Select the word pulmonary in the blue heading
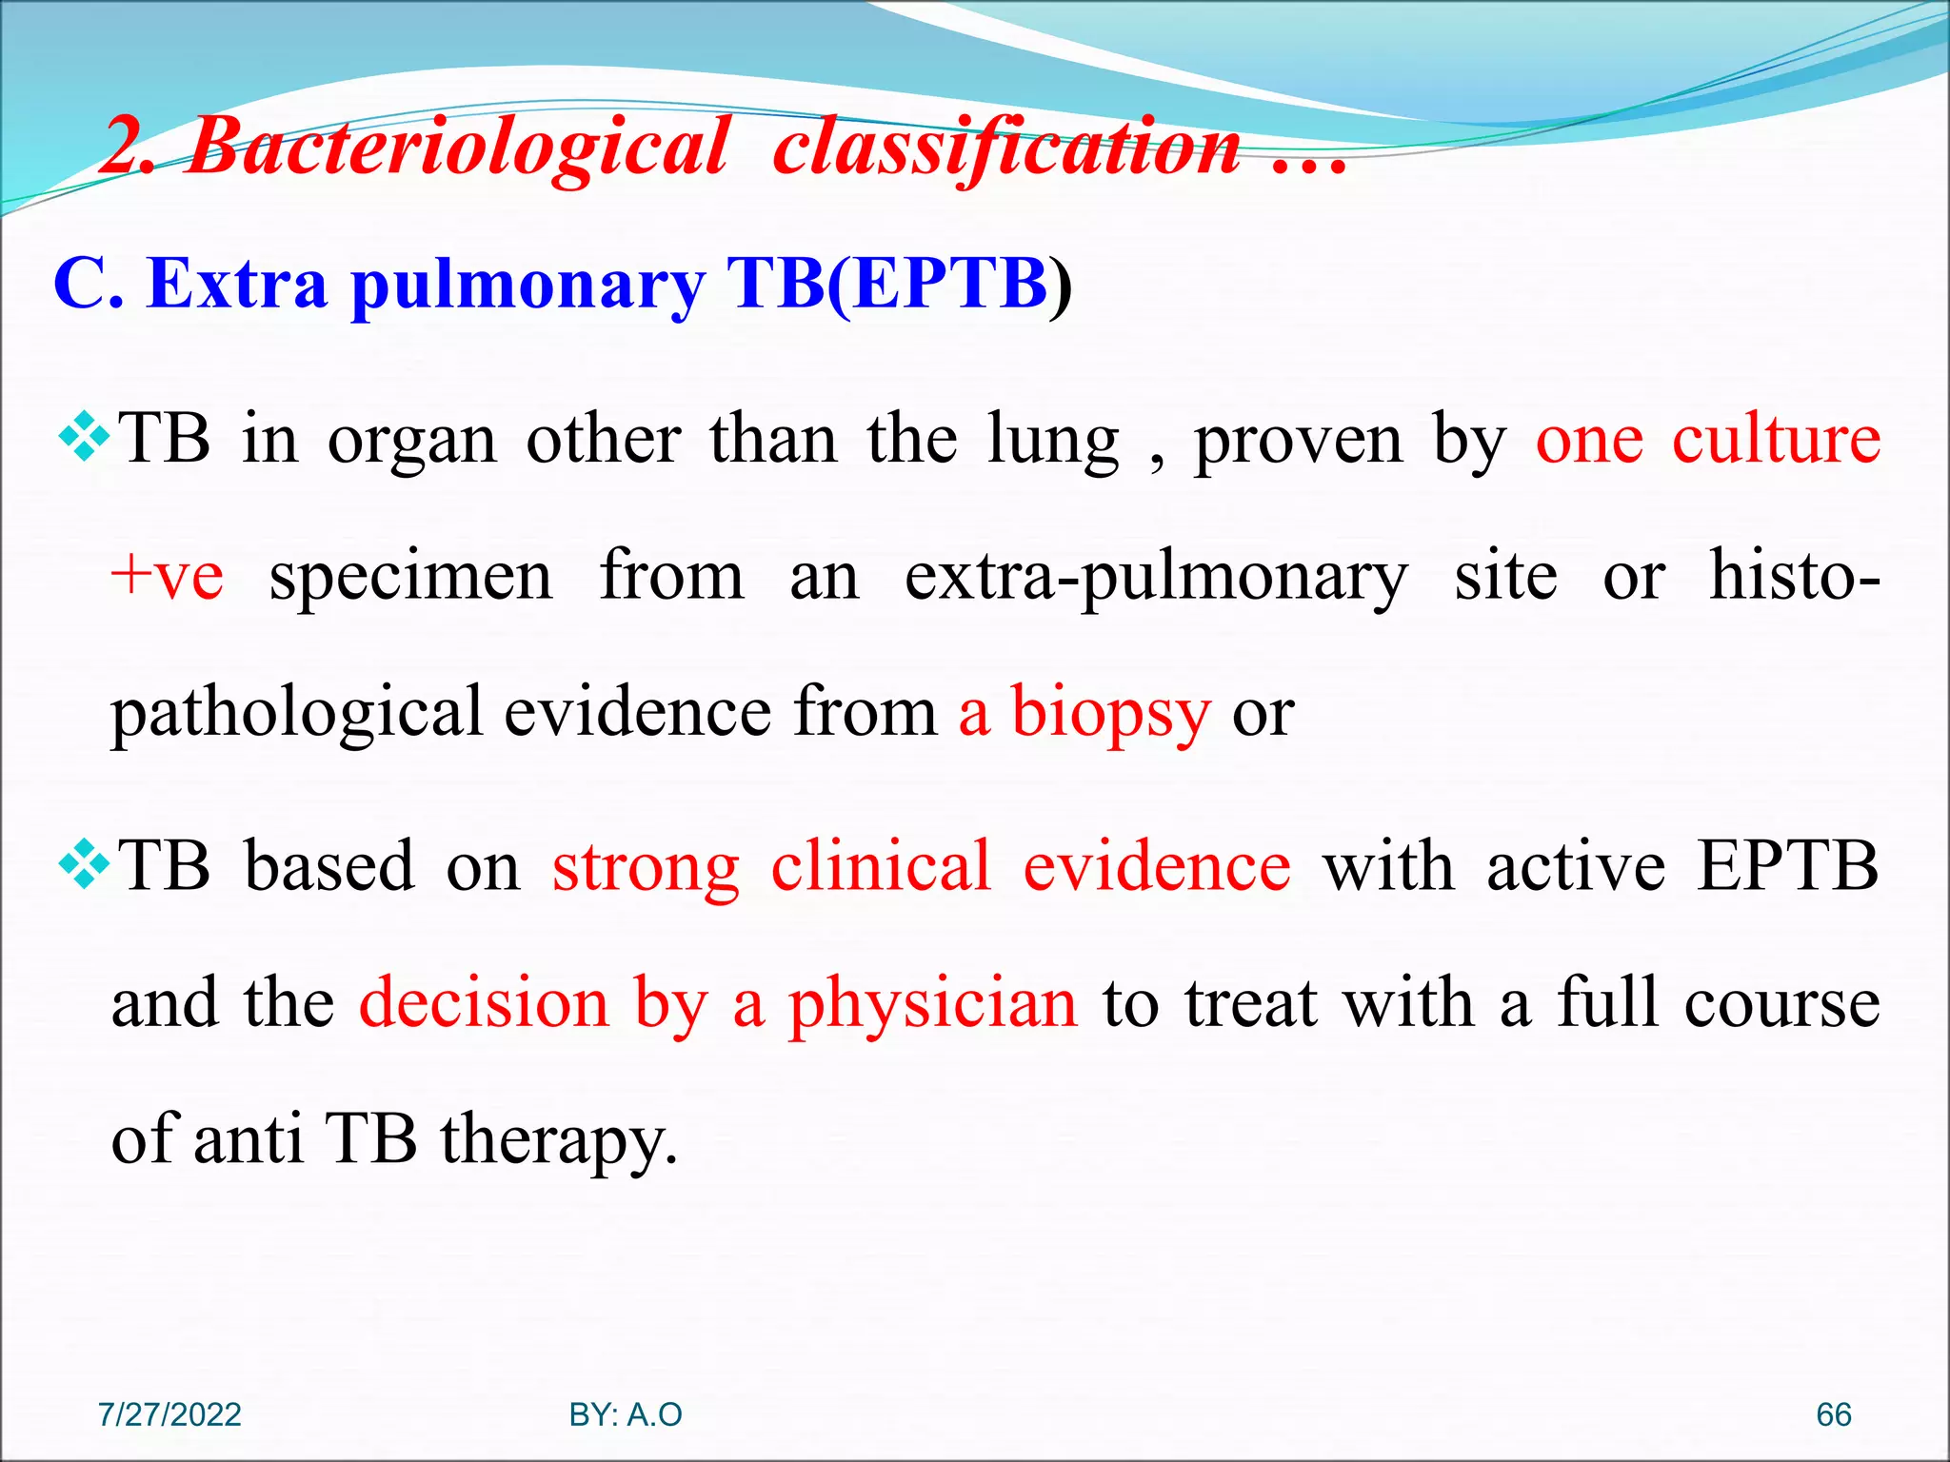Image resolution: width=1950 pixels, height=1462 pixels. [x=528, y=286]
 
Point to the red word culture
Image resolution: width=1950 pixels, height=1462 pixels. [x=1776, y=440]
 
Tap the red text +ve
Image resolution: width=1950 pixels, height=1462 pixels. [x=167, y=577]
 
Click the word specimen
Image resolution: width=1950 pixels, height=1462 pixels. [x=410, y=577]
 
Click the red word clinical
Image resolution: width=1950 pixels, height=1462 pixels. [x=881, y=866]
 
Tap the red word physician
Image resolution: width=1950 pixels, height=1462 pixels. [x=933, y=1005]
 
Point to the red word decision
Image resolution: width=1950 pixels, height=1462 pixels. [x=484, y=1003]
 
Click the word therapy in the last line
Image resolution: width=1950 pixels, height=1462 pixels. [x=558, y=1140]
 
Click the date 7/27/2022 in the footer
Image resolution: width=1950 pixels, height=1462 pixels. [x=169, y=1414]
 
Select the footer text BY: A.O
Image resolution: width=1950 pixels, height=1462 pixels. [x=626, y=1414]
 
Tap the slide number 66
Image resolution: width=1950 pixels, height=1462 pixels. [x=1833, y=1414]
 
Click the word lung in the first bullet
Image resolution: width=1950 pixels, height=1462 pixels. [x=1052, y=440]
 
